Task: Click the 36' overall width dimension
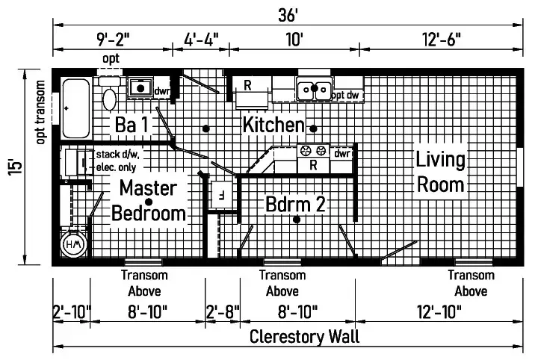point(288,15)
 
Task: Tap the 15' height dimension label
point(16,167)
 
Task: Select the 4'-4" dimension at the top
point(201,40)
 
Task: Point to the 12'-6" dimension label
point(442,40)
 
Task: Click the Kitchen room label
point(273,125)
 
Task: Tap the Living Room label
point(441,172)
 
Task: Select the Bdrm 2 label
point(295,205)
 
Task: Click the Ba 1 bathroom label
point(132,125)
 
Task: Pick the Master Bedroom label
point(149,201)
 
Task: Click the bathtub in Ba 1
point(76,108)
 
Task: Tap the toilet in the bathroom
point(109,93)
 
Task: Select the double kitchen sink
point(315,89)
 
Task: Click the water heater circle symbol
point(73,244)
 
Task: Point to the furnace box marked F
point(222,194)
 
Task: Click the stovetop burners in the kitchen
point(313,151)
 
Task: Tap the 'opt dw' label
point(346,95)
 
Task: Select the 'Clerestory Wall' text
point(304,336)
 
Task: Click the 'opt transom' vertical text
point(40,112)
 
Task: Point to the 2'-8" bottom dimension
point(223,312)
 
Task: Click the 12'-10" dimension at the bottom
point(439,312)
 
